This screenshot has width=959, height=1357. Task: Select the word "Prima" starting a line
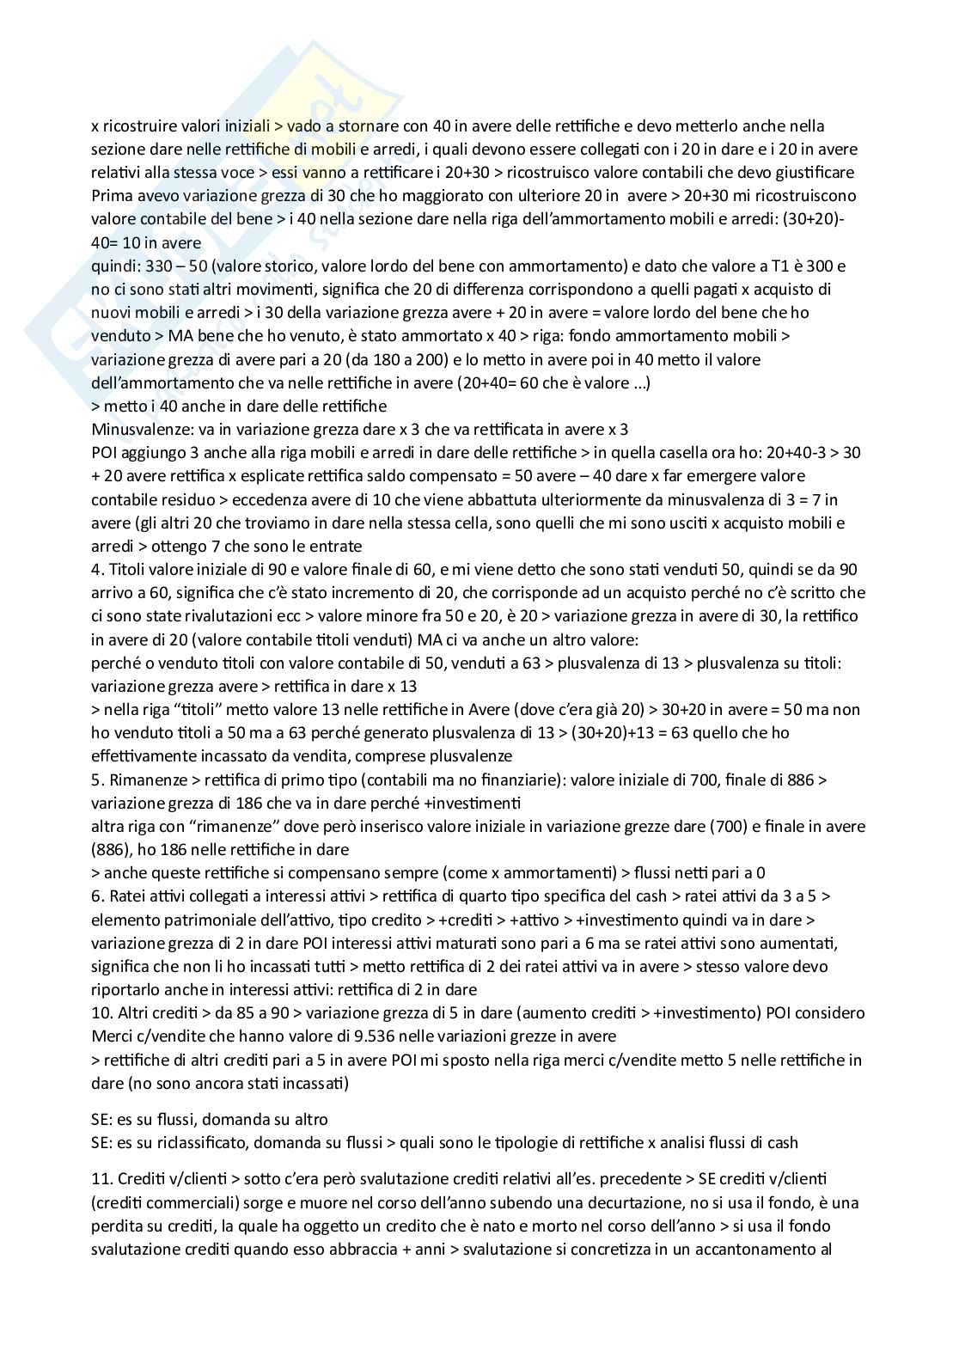(110, 196)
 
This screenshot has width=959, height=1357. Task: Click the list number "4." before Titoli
(97, 570)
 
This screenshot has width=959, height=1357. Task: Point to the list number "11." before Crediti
(101, 1179)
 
